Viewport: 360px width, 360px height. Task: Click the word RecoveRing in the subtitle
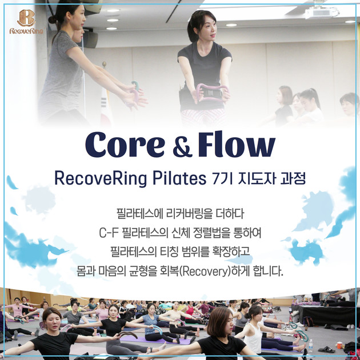94,178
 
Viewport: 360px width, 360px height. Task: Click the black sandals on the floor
326,349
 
